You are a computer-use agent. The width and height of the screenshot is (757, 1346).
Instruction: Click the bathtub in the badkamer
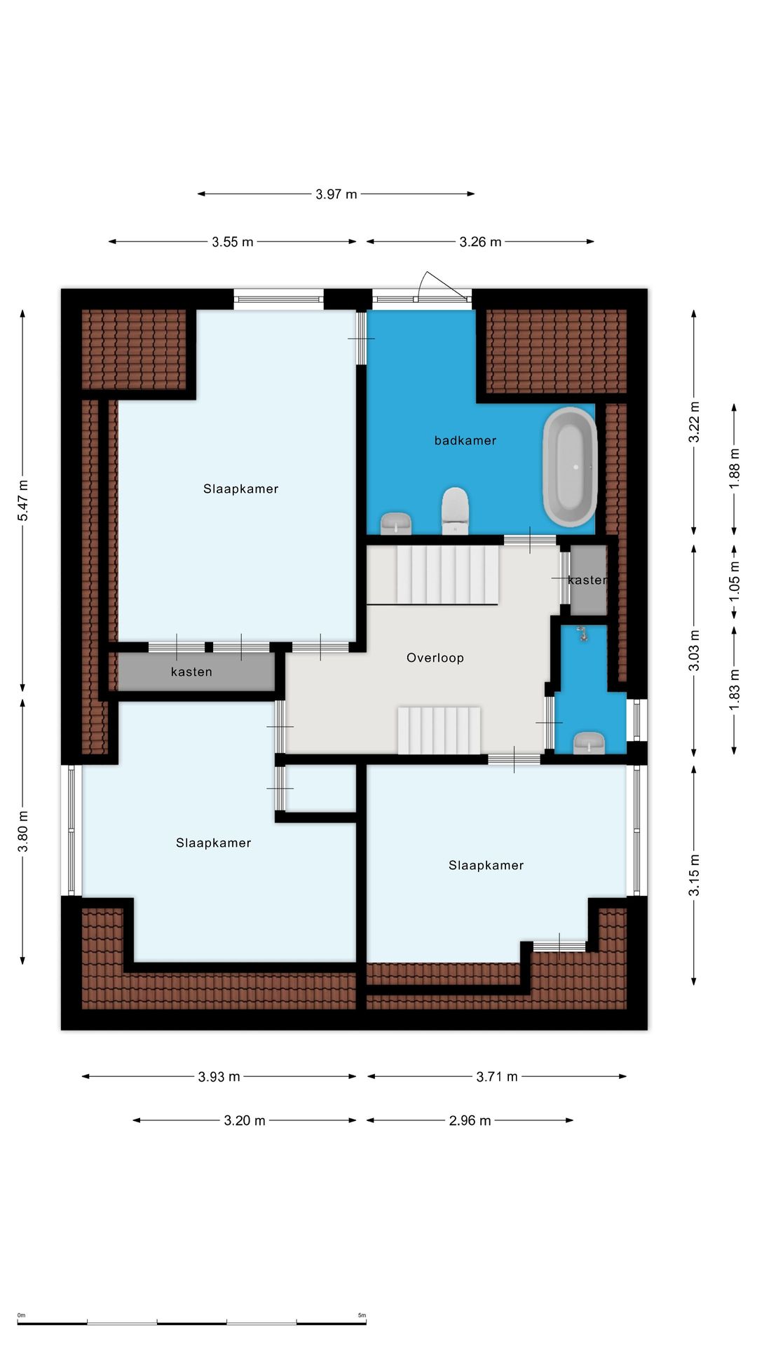point(570,467)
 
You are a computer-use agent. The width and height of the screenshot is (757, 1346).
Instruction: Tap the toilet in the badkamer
point(455,510)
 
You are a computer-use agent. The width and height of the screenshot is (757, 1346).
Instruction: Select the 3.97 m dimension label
point(336,194)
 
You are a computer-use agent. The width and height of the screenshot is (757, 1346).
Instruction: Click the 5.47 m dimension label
point(23,501)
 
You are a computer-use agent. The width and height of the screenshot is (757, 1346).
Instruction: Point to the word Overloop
point(435,658)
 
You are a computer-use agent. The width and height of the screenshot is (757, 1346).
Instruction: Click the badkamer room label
point(465,440)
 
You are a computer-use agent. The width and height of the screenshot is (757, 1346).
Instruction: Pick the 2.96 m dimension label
point(470,1120)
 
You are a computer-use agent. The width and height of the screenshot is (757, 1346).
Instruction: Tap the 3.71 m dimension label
point(497,1077)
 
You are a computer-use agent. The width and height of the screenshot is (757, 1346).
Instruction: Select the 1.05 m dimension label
point(734,581)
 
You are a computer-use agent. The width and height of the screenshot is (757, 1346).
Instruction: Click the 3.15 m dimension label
point(694,875)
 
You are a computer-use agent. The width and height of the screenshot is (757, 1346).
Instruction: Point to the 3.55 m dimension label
point(233,242)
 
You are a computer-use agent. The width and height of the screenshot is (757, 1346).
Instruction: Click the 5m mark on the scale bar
point(362,1315)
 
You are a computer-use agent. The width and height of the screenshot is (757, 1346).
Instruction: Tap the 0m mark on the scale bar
point(21,1315)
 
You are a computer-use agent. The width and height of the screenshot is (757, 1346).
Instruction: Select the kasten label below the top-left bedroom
point(191,672)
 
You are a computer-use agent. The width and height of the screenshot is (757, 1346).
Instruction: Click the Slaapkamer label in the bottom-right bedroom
point(486,865)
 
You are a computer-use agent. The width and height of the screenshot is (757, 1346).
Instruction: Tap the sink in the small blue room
point(589,742)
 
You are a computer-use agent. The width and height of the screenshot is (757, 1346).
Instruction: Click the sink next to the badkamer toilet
point(395,523)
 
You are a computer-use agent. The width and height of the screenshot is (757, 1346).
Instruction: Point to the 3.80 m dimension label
point(23,831)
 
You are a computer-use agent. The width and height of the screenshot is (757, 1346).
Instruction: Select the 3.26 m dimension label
point(480,242)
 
